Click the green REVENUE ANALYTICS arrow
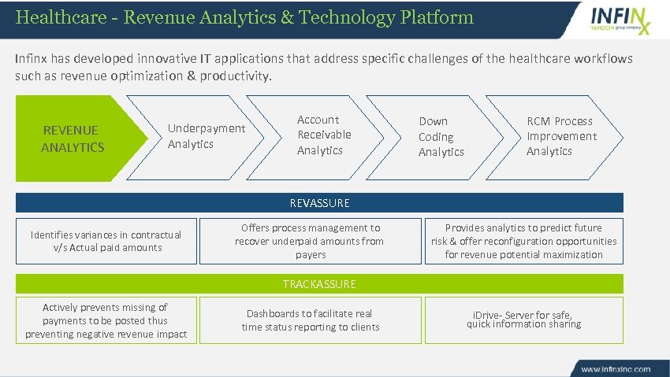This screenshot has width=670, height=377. [75, 139]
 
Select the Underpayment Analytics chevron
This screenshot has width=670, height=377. [197, 136]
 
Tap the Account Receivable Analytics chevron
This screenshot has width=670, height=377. [319, 135]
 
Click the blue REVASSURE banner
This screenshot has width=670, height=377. [319, 203]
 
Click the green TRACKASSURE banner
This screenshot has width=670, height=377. [319, 284]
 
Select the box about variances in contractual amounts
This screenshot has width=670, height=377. [106, 241]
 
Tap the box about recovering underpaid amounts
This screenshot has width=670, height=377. [309, 241]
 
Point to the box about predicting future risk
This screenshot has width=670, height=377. [523, 241]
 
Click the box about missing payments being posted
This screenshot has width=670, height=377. [106, 320]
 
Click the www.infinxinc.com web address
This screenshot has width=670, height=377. [616, 368]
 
